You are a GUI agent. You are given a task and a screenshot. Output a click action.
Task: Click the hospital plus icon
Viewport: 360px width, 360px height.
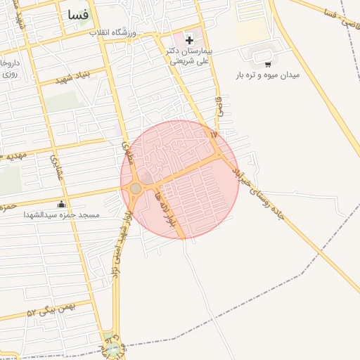[189, 40]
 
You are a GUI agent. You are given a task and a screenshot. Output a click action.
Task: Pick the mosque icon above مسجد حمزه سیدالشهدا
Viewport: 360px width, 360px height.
[61, 205]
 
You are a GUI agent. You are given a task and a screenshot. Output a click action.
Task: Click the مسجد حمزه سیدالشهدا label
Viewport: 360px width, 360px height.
[62, 214]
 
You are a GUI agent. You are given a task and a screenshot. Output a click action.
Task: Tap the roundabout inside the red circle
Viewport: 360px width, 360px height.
[136, 188]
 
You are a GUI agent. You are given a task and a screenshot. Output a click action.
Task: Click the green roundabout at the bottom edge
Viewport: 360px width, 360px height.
[112, 348]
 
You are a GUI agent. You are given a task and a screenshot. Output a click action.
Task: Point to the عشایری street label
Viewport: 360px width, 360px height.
[56, 169]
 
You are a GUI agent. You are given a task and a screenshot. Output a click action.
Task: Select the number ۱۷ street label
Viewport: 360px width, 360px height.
[214, 133]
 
